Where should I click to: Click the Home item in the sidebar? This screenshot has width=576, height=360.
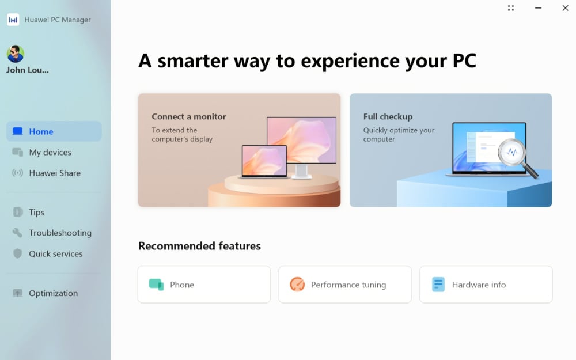click(x=54, y=131)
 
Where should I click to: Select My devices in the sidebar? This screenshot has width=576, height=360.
click(x=50, y=153)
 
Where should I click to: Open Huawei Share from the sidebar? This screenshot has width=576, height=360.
click(x=55, y=173)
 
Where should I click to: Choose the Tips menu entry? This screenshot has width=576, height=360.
click(x=36, y=213)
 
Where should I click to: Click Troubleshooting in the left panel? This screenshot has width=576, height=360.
click(x=60, y=233)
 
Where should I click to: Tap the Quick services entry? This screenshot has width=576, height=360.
click(x=55, y=254)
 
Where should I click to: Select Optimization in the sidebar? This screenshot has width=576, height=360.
click(x=53, y=293)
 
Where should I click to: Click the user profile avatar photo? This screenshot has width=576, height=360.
click(x=16, y=54)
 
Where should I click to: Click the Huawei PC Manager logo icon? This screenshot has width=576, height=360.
click(x=13, y=20)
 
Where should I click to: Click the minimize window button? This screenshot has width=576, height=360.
click(x=538, y=7)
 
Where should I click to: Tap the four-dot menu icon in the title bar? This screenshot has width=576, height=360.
click(x=511, y=7)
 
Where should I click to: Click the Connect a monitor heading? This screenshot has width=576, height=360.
click(x=189, y=116)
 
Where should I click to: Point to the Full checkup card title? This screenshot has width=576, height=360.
click(x=388, y=116)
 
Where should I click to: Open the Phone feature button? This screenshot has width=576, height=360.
click(x=204, y=285)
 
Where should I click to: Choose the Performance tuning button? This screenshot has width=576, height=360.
click(x=345, y=285)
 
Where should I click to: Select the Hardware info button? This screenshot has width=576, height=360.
click(x=486, y=285)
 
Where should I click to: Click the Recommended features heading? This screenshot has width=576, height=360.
click(x=199, y=246)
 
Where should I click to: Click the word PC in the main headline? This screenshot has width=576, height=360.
click(x=464, y=60)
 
